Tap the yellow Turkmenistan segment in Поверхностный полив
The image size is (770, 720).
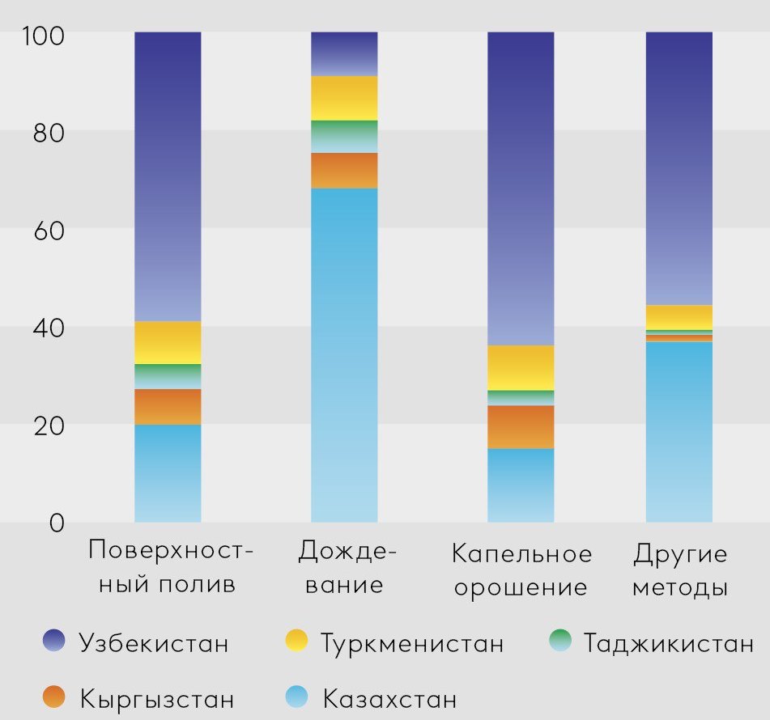point(168,342)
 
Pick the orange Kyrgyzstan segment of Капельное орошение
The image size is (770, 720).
point(521,426)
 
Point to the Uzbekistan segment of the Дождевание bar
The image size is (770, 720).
point(344,54)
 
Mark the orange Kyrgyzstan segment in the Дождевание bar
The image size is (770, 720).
point(344,171)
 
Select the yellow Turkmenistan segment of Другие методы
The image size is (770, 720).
point(679,317)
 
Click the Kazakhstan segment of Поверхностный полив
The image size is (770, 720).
point(168,473)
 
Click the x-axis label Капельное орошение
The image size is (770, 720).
point(521,571)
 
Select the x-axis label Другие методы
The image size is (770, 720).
point(679,571)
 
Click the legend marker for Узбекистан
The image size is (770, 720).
point(54,642)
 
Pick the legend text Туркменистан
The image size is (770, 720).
point(412,644)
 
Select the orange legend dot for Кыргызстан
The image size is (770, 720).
point(54,697)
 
